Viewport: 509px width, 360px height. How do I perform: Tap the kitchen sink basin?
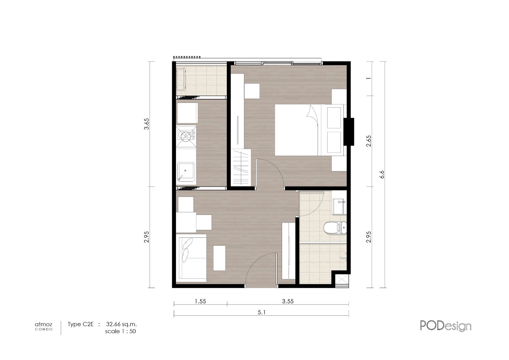186,172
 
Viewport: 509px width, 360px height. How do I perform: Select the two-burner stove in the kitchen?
186,136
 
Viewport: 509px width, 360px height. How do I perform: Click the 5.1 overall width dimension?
261,312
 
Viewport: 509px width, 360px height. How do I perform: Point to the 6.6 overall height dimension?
382,174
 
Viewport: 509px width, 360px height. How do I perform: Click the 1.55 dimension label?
200,301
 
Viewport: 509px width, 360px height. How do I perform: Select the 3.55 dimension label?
288,301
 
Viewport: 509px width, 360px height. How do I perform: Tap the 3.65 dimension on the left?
147,124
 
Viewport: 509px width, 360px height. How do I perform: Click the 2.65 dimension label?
369,141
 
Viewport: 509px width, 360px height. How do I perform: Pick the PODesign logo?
446,326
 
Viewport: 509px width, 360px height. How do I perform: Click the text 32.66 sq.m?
121,324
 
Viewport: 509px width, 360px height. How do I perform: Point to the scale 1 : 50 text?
121,331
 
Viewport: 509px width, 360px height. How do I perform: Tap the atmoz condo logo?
44,326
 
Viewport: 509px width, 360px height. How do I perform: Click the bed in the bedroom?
310,130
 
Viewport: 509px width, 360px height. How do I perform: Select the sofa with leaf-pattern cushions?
191,258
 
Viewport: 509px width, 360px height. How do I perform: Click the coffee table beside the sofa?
219,258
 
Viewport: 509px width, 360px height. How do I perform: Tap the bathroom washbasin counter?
339,202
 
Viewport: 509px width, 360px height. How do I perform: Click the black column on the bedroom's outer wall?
349,132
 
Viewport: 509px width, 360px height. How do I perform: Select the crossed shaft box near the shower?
342,279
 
